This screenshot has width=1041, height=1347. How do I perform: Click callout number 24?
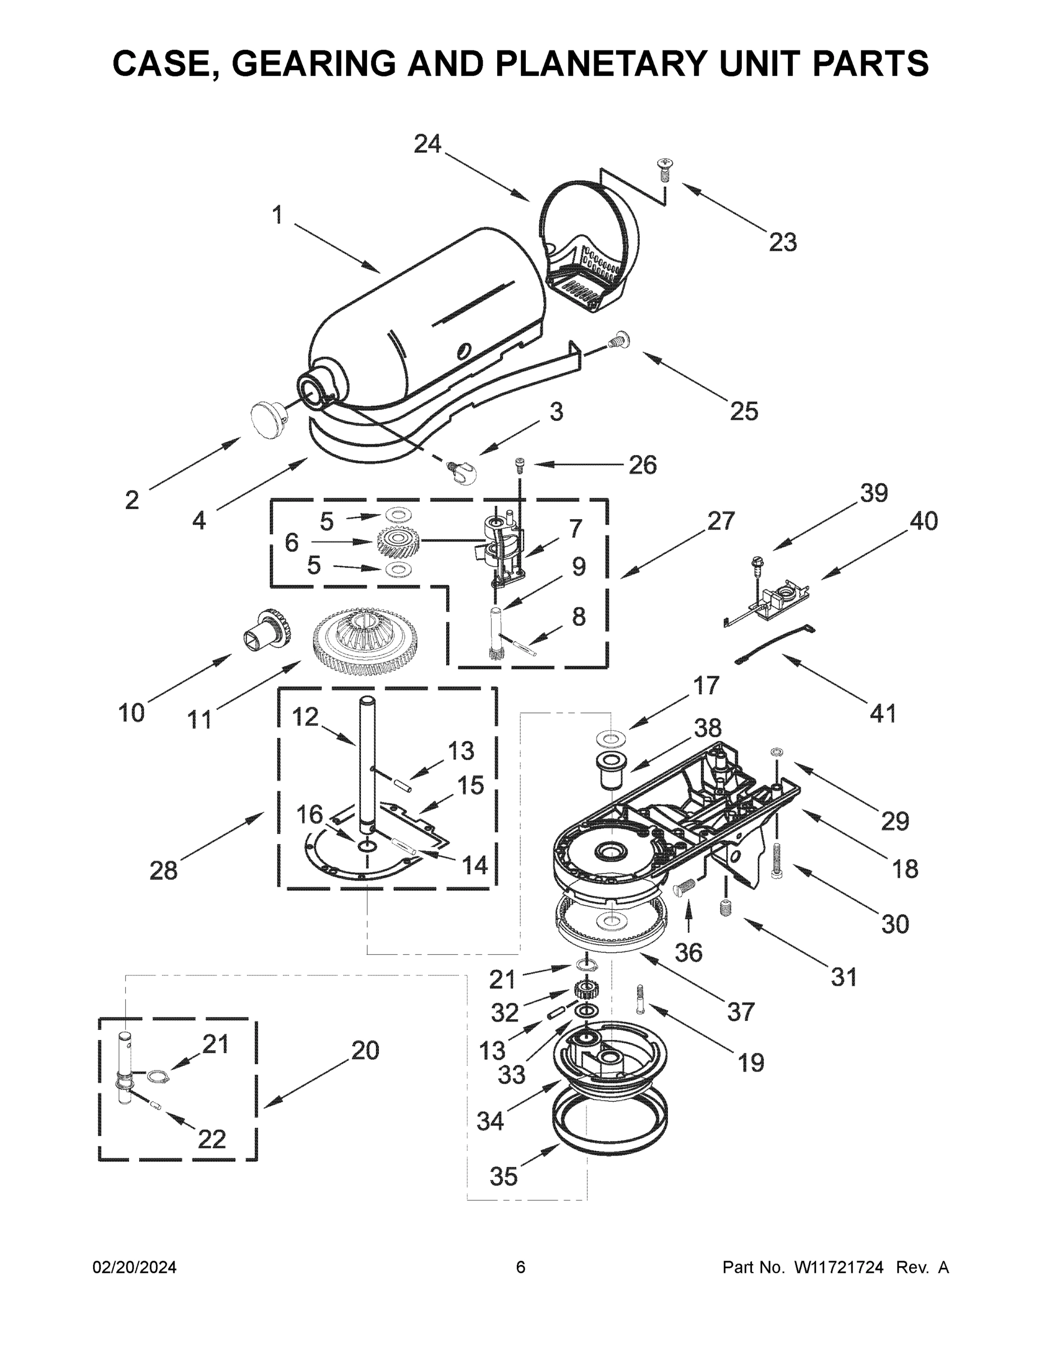coord(428,144)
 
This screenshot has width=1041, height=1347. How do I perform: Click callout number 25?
coord(744,411)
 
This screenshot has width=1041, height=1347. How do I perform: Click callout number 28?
coord(163,870)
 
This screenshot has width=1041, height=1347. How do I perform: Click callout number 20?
coord(365,1050)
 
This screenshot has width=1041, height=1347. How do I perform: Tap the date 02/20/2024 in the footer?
coord(135,1267)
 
